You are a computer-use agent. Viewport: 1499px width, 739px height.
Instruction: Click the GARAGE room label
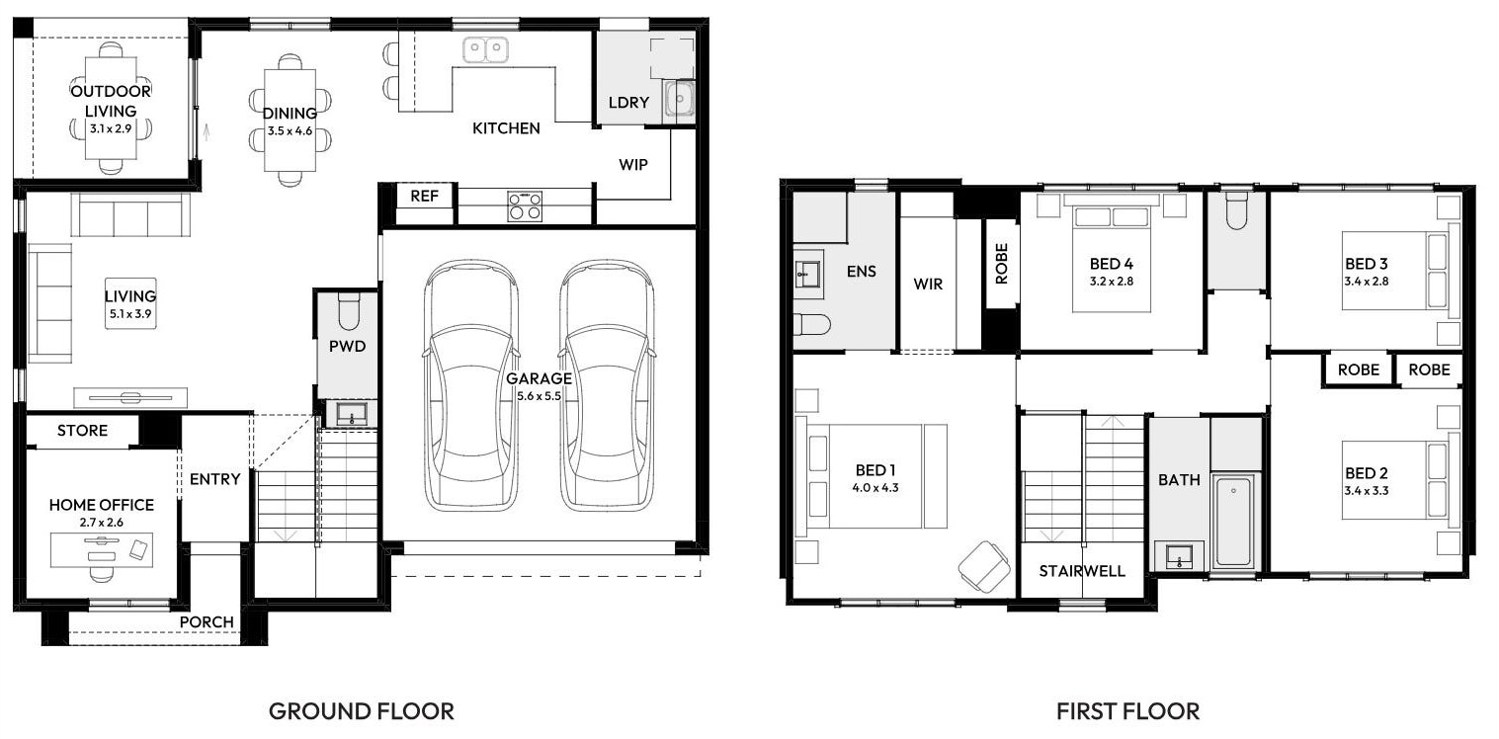coord(539,378)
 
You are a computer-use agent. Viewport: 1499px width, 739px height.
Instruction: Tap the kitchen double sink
coord(485,50)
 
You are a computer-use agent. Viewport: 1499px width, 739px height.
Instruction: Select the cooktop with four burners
coord(525,206)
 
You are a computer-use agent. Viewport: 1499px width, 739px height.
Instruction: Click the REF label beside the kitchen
coord(424,197)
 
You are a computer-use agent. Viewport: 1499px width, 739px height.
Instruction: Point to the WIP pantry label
coord(633,165)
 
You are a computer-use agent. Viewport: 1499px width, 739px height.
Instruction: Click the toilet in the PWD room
coord(349,312)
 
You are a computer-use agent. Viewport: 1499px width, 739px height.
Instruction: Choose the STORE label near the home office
coord(82,431)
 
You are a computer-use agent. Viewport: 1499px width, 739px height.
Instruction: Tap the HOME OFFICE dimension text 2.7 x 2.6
coord(102,523)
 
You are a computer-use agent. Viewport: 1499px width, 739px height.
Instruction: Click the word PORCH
coord(207,621)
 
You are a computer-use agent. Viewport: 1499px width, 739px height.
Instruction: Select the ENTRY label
coord(214,479)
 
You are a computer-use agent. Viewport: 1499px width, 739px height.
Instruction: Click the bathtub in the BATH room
coord(1234,522)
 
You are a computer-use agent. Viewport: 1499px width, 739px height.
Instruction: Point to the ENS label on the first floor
coord(862,271)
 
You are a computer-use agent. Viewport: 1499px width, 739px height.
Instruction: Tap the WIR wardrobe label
coord(928,284)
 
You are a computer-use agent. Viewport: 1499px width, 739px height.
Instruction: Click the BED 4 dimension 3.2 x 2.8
coord(1112,282)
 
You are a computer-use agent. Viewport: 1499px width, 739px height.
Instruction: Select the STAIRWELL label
coord(1082,571)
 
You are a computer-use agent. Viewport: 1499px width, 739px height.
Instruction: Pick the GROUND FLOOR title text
coord(362,711)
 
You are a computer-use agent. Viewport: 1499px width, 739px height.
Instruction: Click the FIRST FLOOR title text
coord(1127,711)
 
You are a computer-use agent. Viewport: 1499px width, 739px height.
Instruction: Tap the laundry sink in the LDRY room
coord(679,101)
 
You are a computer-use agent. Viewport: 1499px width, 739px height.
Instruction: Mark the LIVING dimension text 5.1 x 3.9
coord(130,314)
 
